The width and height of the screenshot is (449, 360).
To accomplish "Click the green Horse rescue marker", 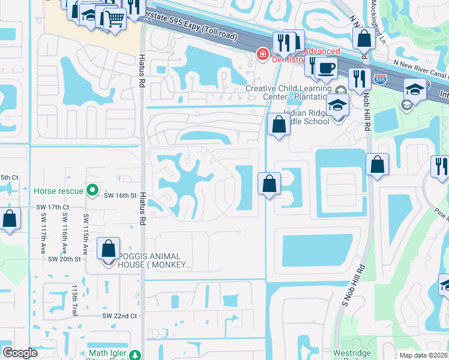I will point(92,191).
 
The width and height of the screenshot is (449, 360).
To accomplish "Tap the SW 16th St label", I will point(117,196).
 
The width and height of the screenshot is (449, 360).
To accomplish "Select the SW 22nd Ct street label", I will point(119,316).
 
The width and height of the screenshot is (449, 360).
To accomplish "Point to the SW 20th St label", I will point(65,259).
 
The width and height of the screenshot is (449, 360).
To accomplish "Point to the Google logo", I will point(20,353).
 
